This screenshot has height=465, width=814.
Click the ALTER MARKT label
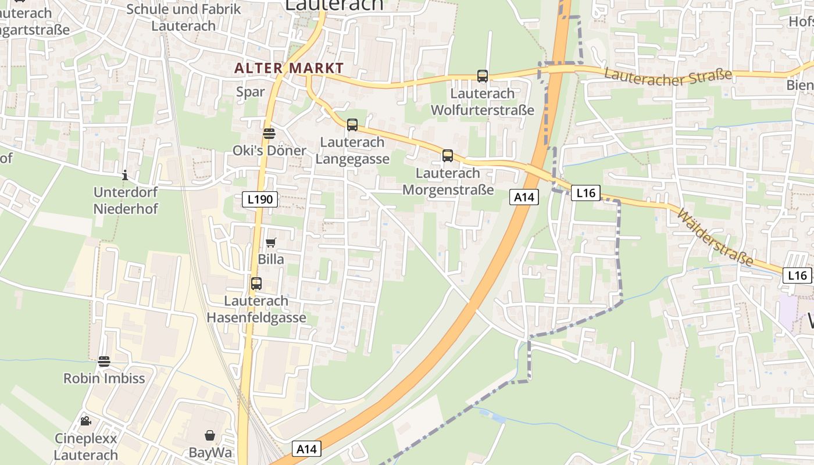289,68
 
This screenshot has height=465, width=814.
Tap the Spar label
251,92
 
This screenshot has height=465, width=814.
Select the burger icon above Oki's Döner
269,133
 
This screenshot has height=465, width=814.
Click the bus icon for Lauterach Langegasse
352,124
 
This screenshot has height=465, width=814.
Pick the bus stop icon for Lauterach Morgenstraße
448,155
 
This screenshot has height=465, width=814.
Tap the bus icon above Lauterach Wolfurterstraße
483,76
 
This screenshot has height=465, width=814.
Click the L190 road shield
260,199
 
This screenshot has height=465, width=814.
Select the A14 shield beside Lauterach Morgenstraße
524,197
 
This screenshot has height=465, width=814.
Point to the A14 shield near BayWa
306,449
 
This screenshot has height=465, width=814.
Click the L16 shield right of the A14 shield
585,192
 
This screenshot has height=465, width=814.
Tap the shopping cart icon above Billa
271,242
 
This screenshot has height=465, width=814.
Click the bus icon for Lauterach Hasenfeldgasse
256,284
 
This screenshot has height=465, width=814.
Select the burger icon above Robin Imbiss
104,361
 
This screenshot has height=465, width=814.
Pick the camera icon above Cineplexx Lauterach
86,421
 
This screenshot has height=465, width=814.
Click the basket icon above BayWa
210,435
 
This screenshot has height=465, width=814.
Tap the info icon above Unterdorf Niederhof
125,175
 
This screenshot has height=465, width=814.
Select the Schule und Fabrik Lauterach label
184,17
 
